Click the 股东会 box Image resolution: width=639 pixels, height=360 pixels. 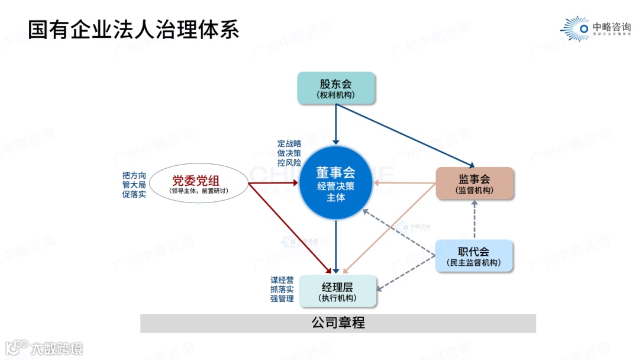[336, 88]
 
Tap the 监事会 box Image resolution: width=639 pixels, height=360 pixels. [475, 183]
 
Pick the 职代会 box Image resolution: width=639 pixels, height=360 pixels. [475, 256]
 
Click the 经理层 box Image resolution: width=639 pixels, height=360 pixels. [337, 291]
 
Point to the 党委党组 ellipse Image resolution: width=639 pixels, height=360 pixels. [199, 184]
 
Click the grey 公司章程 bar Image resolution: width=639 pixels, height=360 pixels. [338, 323]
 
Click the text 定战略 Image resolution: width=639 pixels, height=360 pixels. [289, 143]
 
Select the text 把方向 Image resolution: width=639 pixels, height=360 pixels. [134, 175]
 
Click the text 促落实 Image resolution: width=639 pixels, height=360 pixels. [134, 195]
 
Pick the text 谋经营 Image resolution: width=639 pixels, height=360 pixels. [282, 280]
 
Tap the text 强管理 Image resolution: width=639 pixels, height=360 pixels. [282, 299]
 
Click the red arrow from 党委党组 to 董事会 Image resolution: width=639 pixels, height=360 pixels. [272, 184]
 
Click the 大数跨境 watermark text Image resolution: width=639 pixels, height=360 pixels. [57, 348]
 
